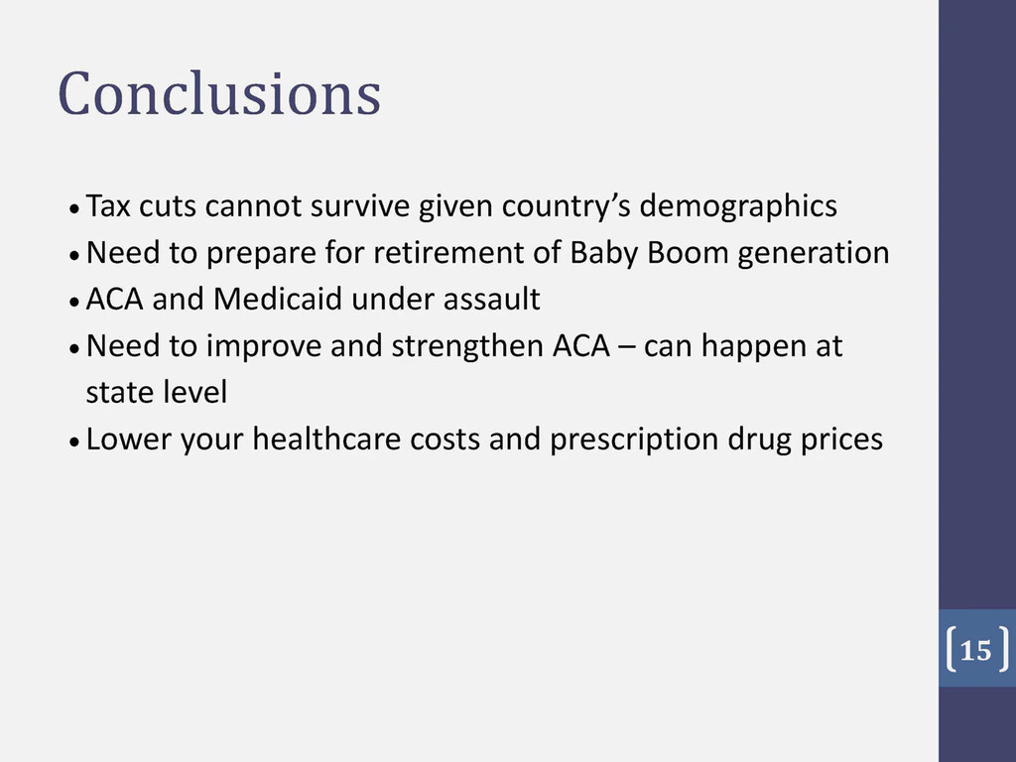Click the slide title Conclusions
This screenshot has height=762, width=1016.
[x=219, y=94]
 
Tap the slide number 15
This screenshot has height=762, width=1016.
[x=975, y=650]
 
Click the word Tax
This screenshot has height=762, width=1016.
[x=108, y=205]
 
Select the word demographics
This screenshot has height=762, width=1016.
[x=738, y=207]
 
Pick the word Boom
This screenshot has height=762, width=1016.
[x=689, y=252]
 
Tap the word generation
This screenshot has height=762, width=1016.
[x=814, y=254]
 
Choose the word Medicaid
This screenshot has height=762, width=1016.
[x=278, y=299]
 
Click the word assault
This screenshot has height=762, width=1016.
[x=492, y=299]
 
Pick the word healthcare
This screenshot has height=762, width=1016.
[x=326, y=439]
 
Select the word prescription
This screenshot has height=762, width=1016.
[x=634, y=441]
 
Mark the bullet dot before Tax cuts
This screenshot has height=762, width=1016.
[x=74, y=209]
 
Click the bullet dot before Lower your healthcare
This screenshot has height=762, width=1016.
[x=74, y=443]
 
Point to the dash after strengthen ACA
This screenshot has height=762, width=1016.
[x=627, y=349]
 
